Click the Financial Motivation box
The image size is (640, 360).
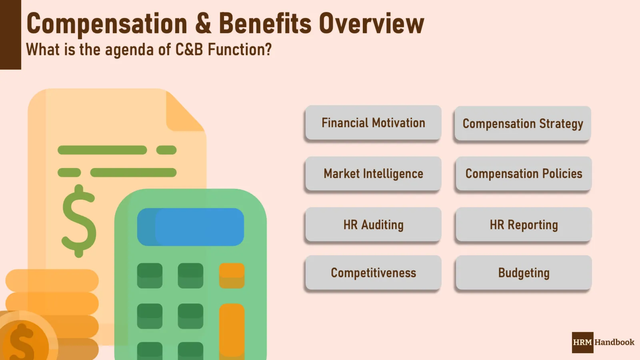click(373, 123)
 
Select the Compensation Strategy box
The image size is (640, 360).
click(523, 124)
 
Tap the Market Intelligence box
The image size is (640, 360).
click(373, 174)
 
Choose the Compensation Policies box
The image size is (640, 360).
click(524, 174)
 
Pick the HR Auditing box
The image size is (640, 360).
click(373, 225)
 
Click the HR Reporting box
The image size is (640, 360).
click(524, 225)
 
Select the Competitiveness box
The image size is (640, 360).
click(373, 273)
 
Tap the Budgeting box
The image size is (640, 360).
click(524, 273)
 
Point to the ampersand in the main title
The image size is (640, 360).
click(203, 23)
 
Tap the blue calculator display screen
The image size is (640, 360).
click(191, 227)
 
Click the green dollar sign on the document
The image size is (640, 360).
click(79, 221)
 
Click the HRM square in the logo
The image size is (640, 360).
click(582, 342)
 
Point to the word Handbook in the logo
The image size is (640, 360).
click(614, 342)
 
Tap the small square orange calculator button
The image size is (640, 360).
click(232, 276)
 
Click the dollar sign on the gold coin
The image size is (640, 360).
click(22, 342)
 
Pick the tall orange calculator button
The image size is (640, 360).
click(232, 330)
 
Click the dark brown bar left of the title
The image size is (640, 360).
click(10, 35)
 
